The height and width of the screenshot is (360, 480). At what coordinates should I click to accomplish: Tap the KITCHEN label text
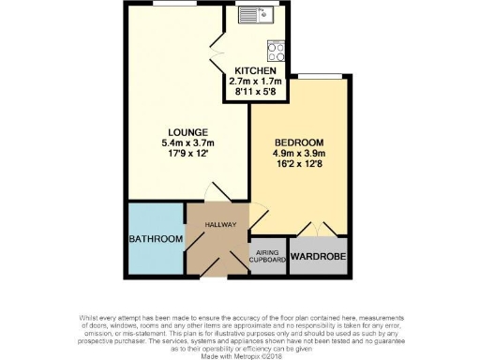click(255, 71)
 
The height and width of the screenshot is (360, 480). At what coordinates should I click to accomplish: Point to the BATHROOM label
click(156, 239)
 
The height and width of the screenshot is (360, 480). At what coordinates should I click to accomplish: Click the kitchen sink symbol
click(254, 15)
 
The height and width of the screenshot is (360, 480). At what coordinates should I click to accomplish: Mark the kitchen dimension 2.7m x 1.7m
click(255, 82)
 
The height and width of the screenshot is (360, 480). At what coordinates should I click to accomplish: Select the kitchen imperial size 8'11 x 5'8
click(255, 93)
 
